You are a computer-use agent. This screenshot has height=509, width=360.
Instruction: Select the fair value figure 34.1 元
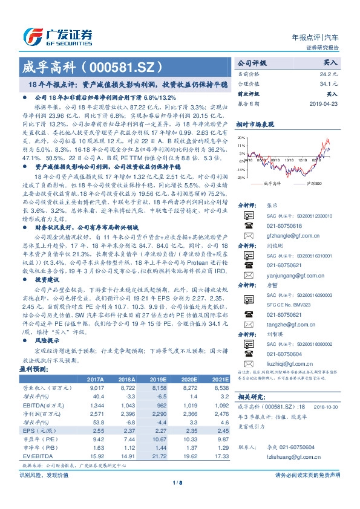pos(329,83)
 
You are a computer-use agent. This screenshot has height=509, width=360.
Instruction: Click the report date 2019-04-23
pos(326,103)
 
